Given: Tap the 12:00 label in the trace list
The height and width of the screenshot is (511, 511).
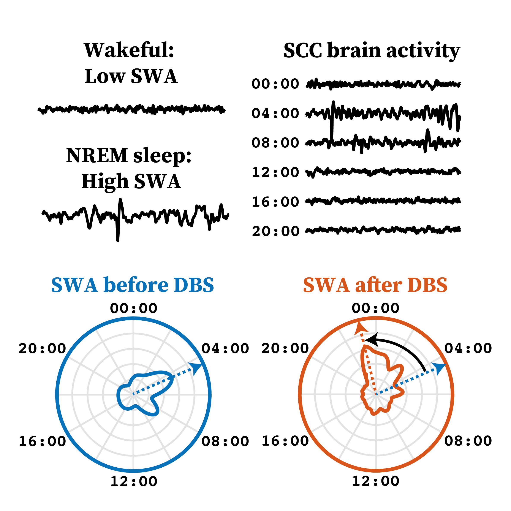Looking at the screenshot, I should tap(275, 172).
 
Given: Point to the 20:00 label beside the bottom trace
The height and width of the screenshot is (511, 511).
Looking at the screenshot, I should tap(275, 231).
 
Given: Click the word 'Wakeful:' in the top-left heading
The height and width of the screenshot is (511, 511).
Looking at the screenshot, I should tap(129, 50).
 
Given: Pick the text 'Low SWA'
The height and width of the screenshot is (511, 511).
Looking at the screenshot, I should tap(131, 76).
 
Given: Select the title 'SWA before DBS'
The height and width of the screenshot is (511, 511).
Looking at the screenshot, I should tap(132, 285).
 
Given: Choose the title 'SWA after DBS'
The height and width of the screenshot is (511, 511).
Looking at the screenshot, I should tap(375, 285).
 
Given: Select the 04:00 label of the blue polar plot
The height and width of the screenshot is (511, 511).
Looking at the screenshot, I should tap(225, 349).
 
